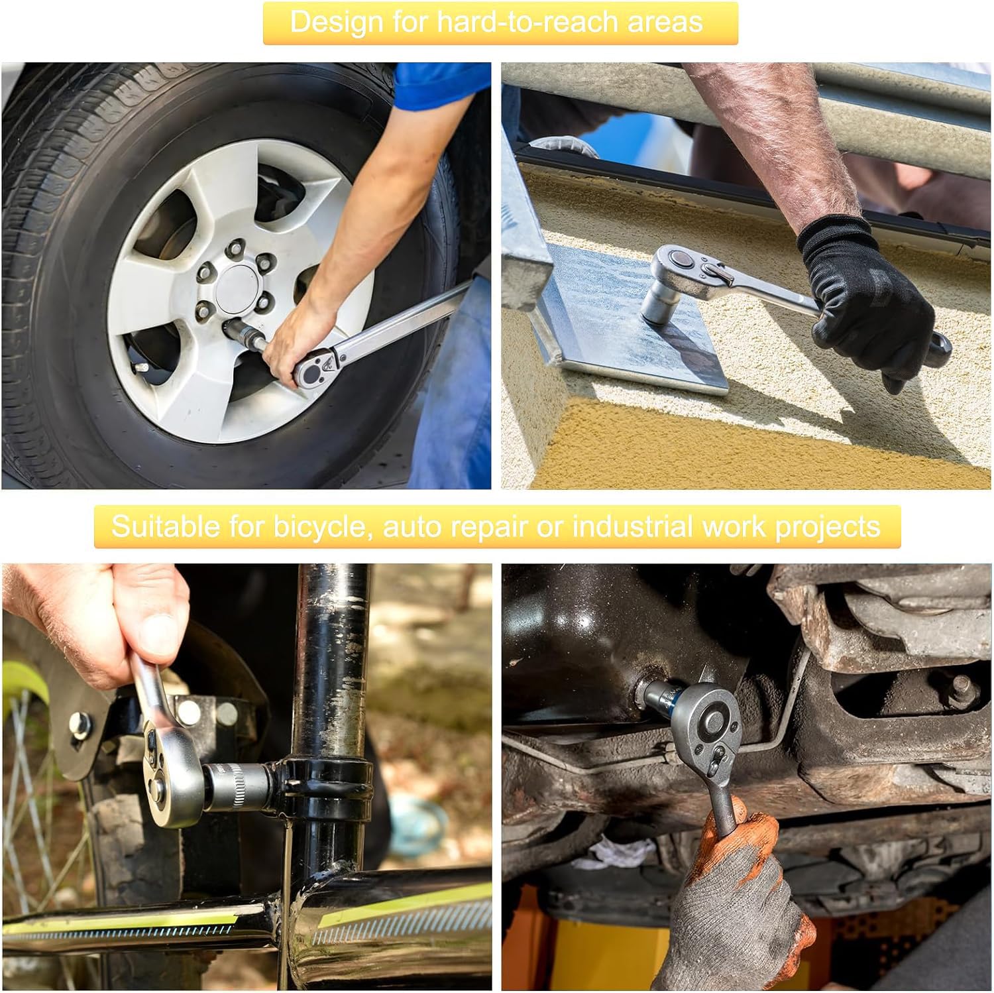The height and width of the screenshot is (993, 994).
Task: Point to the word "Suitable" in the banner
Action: (166, 526)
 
